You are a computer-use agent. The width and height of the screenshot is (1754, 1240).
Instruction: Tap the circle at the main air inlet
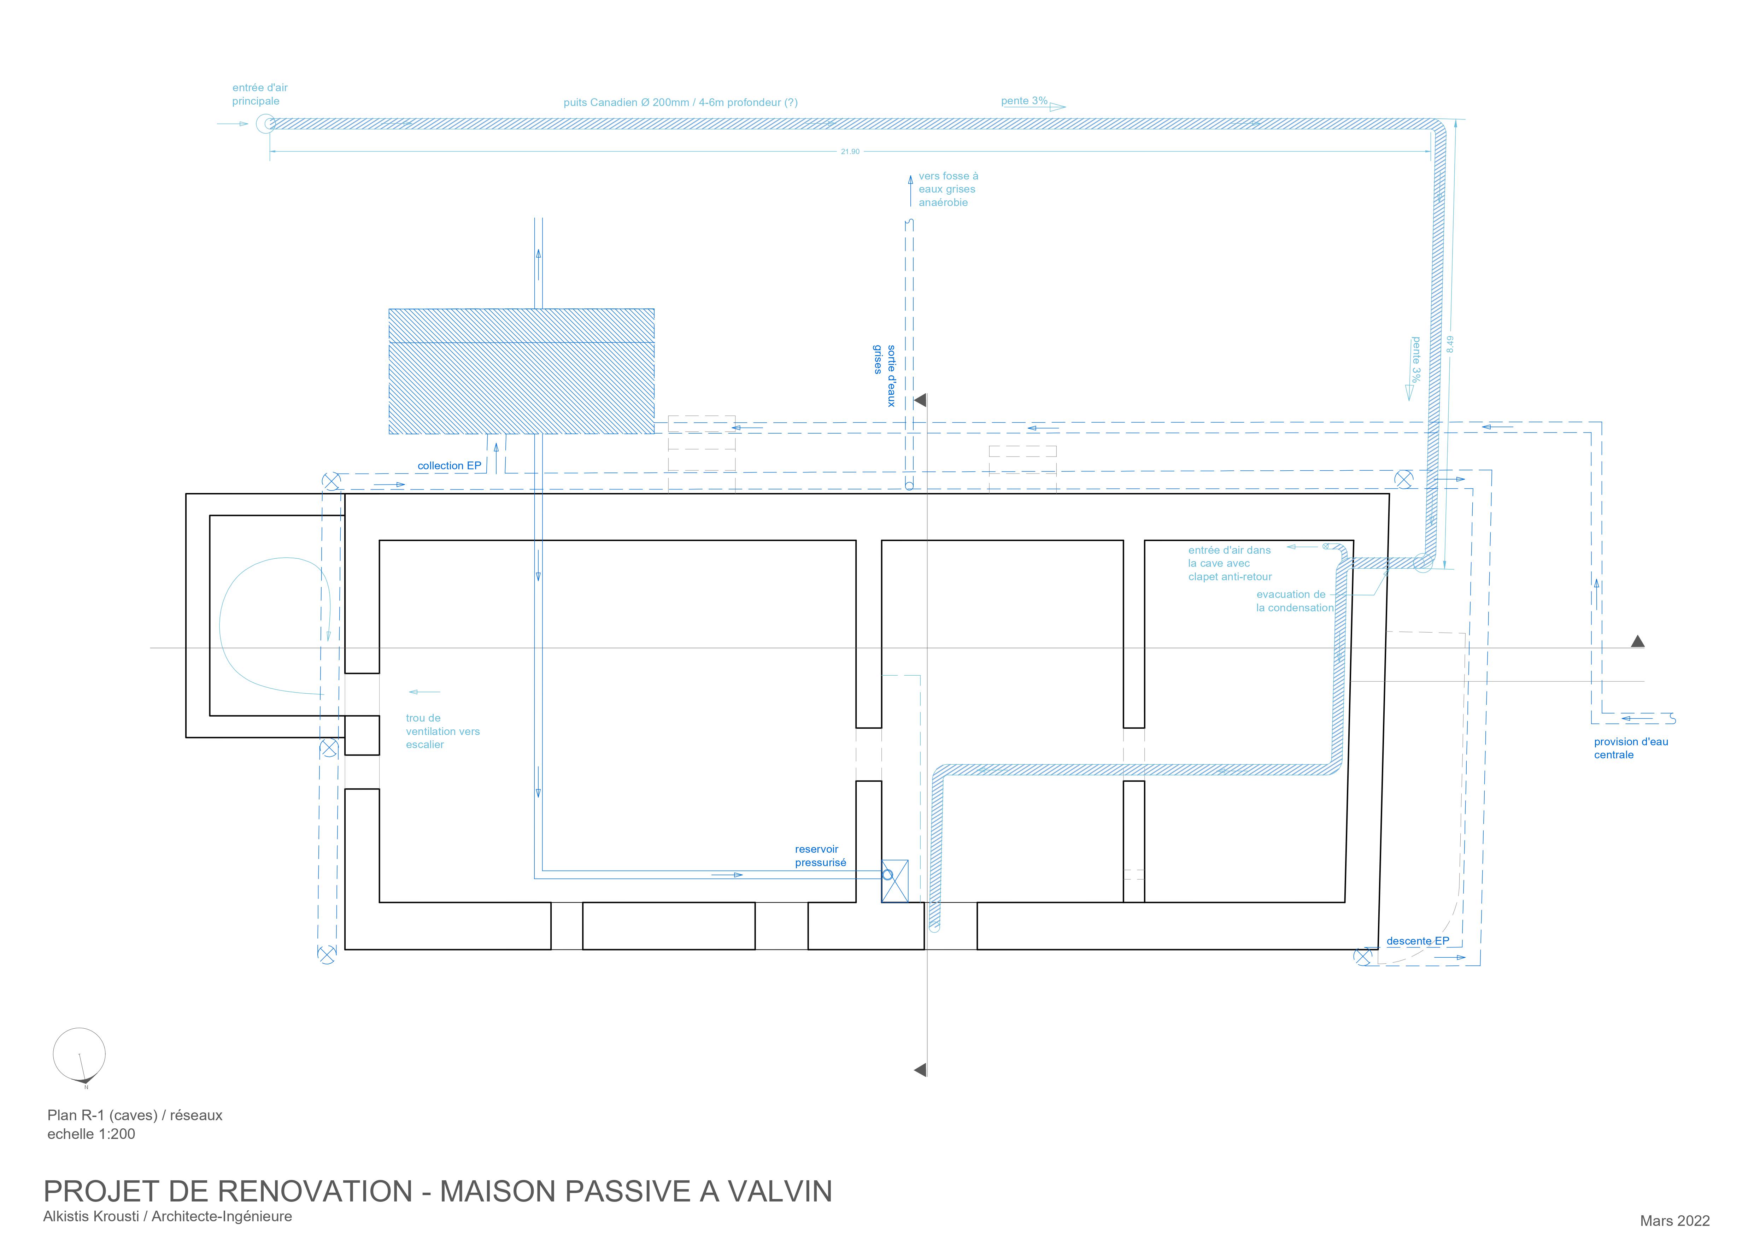tap(265, 124)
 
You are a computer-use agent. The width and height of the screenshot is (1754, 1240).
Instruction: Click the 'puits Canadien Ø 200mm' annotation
tap(680, 102)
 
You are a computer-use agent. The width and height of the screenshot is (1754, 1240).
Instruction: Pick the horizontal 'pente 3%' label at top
tap(1024, 101)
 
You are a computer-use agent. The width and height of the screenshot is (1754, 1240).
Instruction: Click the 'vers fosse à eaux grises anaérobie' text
tap(947, 189)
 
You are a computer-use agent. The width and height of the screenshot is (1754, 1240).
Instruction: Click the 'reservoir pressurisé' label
tap(820, 856)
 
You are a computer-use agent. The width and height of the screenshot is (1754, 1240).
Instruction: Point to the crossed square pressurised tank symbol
tap(894, 881)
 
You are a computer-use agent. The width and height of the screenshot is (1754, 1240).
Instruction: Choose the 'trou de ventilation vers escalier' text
tap(442, 731)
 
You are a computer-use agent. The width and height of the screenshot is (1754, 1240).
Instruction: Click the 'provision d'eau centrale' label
tap(1630, 748)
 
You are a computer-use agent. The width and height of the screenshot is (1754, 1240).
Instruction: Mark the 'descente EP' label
tap(1417, 941)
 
